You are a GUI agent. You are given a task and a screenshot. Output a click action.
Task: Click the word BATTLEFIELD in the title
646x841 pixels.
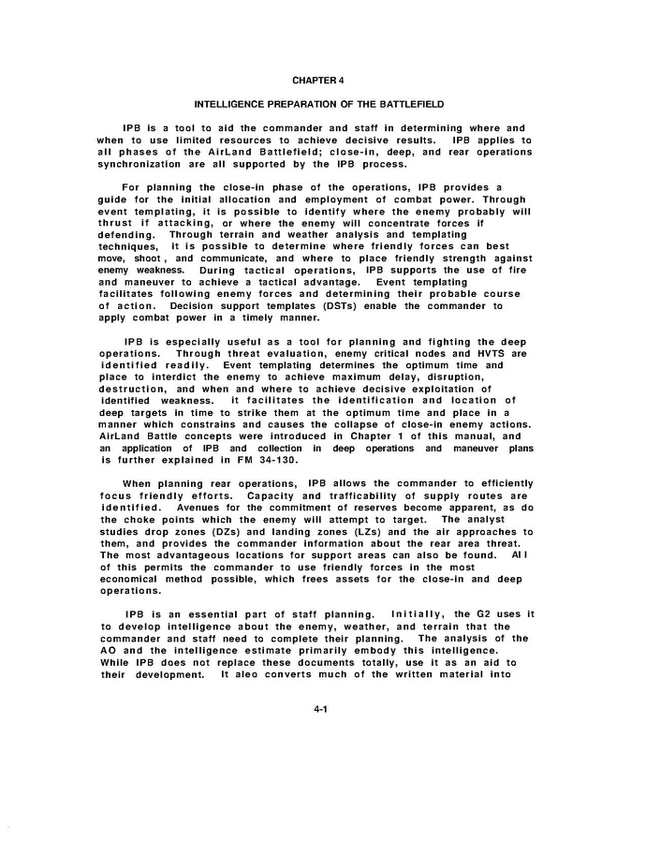[399, 104]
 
